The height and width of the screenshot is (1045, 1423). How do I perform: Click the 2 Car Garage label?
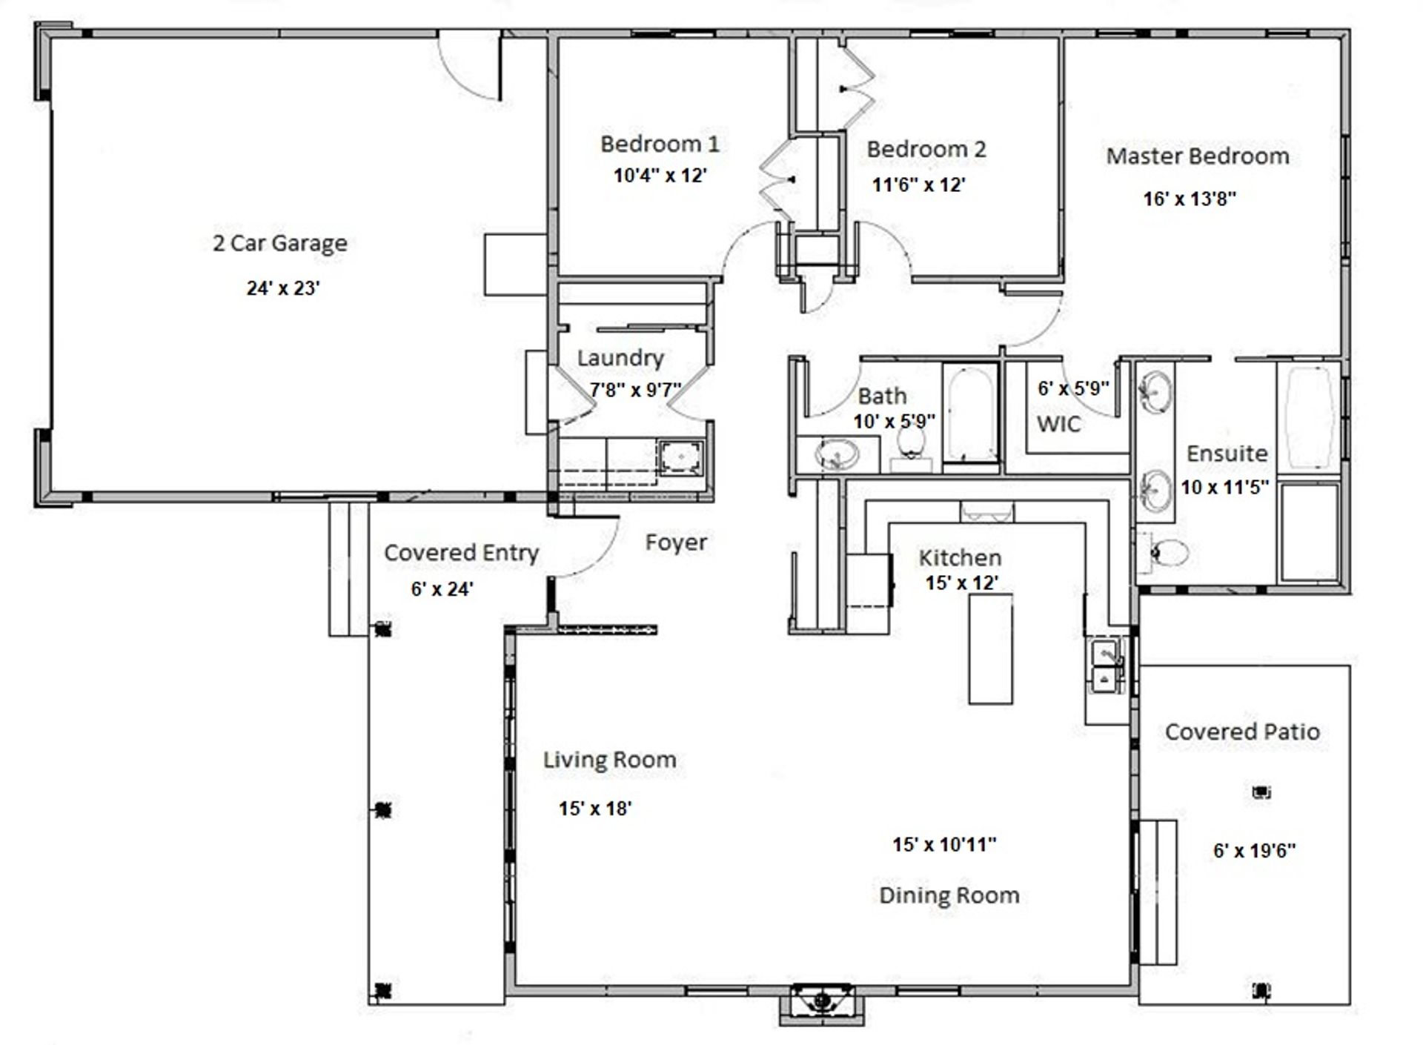[280, 244]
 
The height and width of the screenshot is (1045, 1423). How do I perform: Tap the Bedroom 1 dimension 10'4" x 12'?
[660, 176]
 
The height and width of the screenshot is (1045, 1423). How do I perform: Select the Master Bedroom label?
[1198, 156]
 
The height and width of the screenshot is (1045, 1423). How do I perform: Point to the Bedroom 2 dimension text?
[918, 185]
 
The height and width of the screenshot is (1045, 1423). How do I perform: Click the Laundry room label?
[620, 359]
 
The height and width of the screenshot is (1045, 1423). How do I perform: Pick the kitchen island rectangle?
[990, 648]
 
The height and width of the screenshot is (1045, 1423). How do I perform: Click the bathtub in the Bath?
[970, 414]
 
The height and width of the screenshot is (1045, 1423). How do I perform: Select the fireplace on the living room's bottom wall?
[821, 1003]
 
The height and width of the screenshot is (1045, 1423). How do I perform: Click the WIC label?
[1058, 424]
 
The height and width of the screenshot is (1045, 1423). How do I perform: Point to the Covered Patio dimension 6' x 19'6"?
[1254, 851]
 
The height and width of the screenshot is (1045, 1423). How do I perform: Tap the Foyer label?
[676, 543]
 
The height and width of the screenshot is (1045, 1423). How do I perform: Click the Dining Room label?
[949, 895]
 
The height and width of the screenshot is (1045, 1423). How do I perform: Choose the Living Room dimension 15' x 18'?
[595, 809]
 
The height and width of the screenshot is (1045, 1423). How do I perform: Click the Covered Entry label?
[462, 554]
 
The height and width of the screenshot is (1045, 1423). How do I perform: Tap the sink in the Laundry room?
[681, 458]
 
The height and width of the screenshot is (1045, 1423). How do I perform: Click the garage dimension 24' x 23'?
[283, 288]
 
